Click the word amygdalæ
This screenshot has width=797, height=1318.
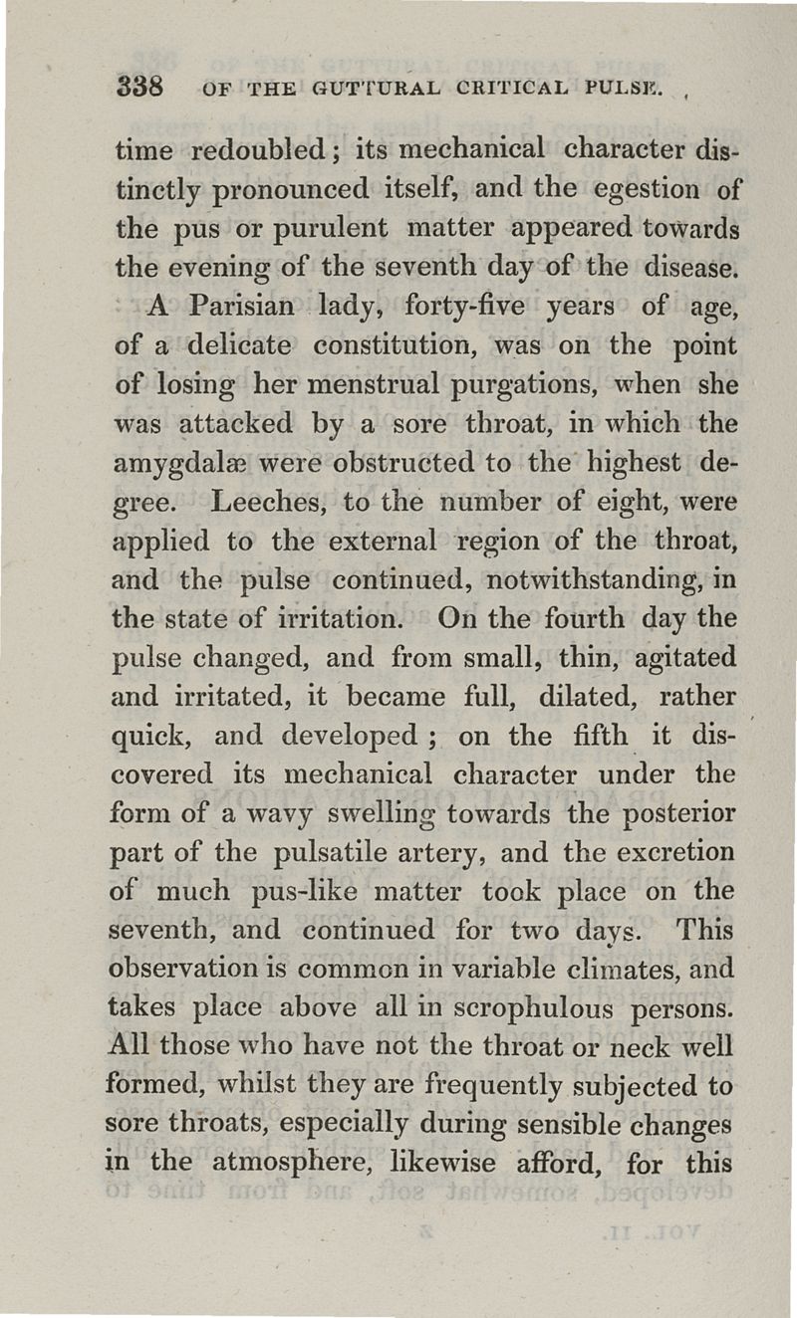click(x=168, y=464)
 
